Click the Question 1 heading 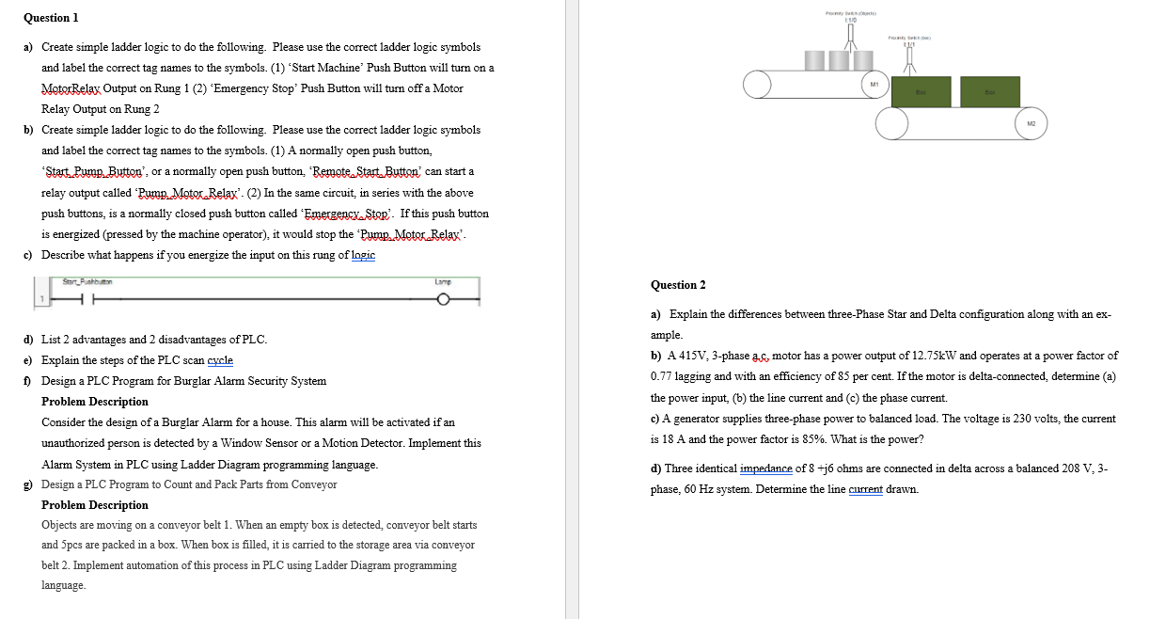click(x=51, y=18)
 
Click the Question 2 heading click(x=678, y=285)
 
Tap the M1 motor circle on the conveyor click(x=874, y=84)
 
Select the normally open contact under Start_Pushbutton click(x=84, y=300)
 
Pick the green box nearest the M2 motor click(x=987, y=91)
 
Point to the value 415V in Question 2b click(x=689, y=356)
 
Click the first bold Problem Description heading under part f click(x=95, y=402)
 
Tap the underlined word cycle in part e click(x=217, y=360)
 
